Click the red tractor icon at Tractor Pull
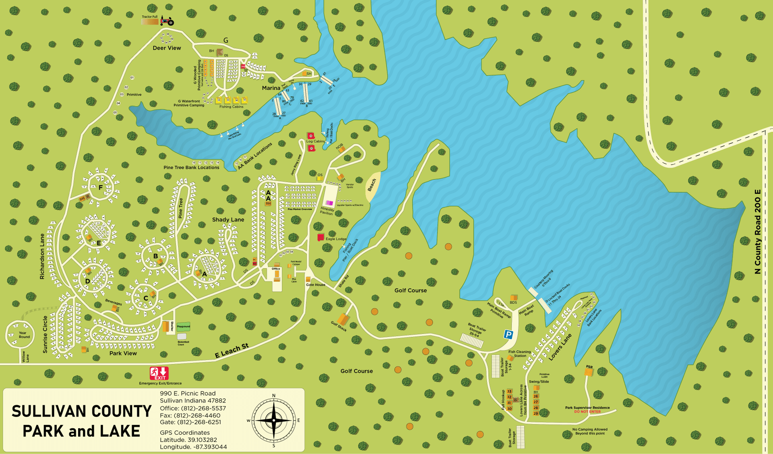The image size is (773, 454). (167, 21)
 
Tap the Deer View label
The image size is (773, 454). (167, 48)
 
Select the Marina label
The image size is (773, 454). (271, 88)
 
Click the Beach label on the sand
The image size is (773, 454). (372, 185)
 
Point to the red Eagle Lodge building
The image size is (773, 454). (320, 237)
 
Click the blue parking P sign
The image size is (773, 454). (508, 334)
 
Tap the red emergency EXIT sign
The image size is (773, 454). (159, 373)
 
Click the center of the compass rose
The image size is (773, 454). (274, 420)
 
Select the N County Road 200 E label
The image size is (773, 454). (758, 232)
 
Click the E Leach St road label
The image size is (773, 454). (231, 350)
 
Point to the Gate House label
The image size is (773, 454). (315, 284)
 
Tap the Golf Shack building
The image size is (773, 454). (343, 319)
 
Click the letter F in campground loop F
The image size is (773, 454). (101, 187)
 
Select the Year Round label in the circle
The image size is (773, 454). (24, 335)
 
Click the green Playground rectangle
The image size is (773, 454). (183, 326)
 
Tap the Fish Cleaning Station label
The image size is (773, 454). (519, 354)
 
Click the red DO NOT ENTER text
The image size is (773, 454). (587, 412)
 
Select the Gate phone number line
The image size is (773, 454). (190, 422)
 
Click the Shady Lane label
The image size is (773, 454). (228, 220)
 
